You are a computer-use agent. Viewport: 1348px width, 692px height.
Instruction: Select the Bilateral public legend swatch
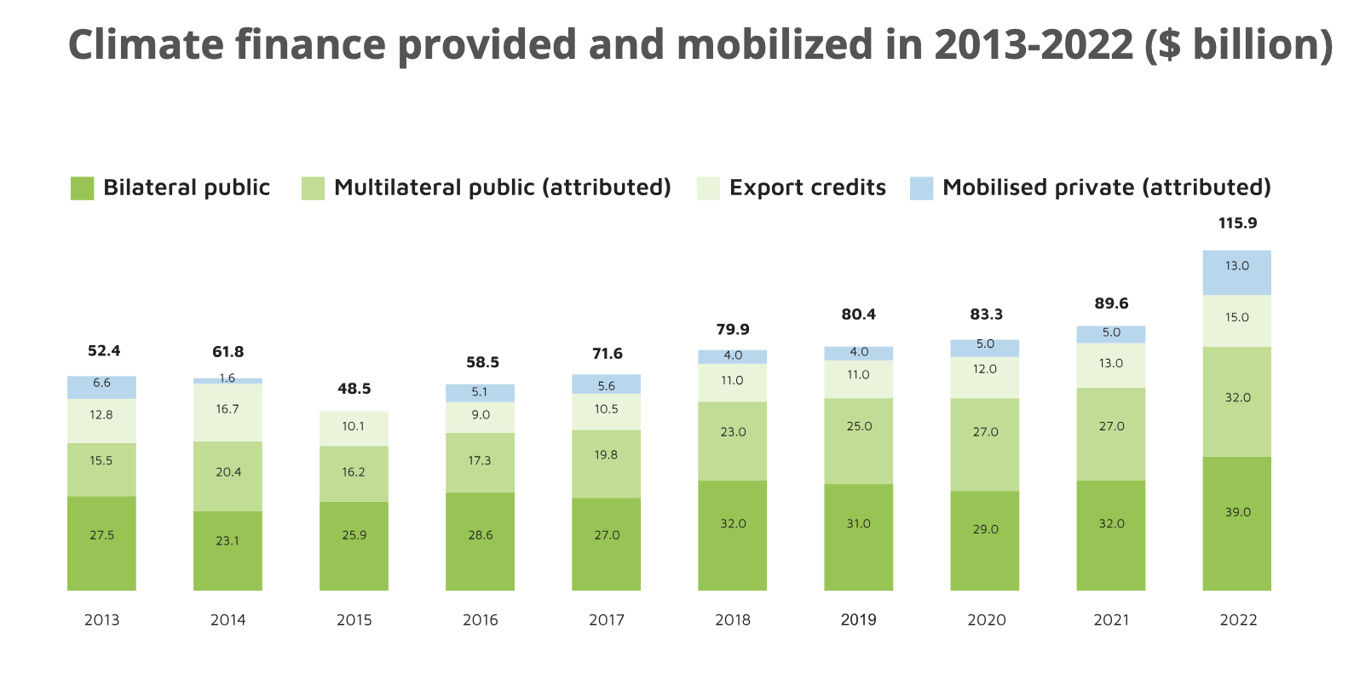click(x=82, y=188)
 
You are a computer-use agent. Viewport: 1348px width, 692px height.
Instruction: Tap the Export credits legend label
click(x=807, y=187)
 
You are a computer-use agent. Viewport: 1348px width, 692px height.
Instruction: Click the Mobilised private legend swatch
click(x=921, y=188)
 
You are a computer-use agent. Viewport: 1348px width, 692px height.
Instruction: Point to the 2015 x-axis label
click(x=354, y=620)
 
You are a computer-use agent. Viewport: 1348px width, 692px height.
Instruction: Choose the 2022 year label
click(x=1237, y=620)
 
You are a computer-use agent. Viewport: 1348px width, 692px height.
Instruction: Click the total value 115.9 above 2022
click(x=1237, y=223)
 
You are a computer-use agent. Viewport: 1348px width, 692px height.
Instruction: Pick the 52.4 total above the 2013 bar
click(x=104, y=351)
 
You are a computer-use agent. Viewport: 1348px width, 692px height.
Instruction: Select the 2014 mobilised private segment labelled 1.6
click(x=228, y=380)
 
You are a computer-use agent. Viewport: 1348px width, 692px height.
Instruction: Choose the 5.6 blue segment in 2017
click(x=606, y=384)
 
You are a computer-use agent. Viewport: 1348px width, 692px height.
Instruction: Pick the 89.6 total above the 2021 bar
click(x=1111, y=303)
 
